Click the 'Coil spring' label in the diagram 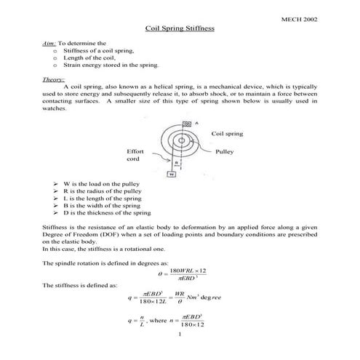click(x=227, y=134)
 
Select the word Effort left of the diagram click(x=136, y=151)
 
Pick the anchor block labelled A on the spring click(x=188, y=124)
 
